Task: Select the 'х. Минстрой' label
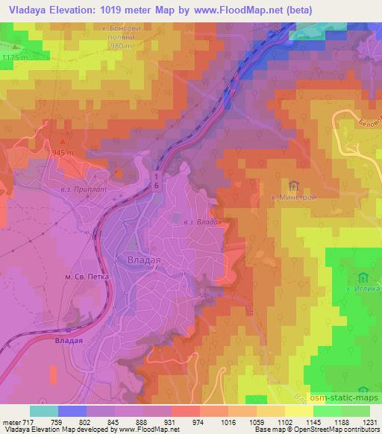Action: tap(292, 198)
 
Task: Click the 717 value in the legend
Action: tap(31, 421)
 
